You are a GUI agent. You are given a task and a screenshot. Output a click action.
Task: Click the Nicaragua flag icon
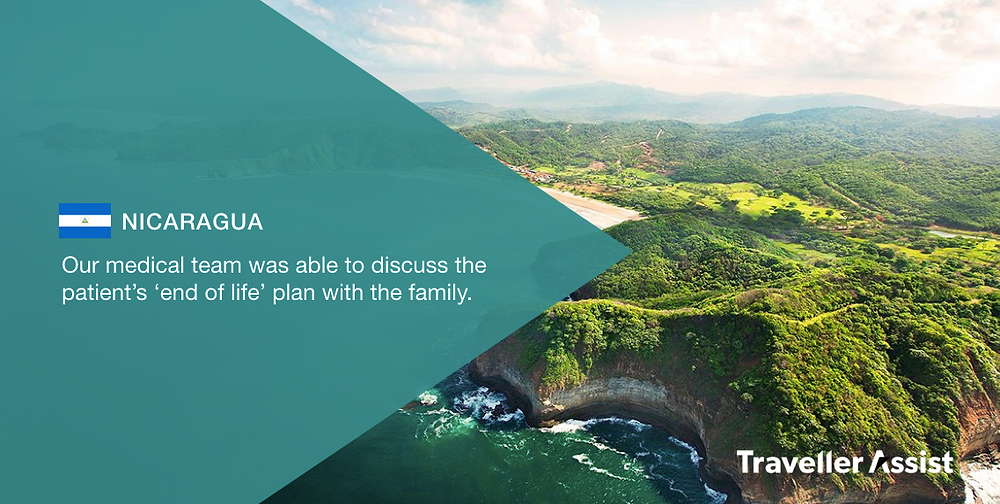85,221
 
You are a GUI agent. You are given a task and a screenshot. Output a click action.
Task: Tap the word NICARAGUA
193,221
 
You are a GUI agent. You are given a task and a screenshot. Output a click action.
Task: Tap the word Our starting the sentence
81,265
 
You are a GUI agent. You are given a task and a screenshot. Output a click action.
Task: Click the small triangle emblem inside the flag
85,221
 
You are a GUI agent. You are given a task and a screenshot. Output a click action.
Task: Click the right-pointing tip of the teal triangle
631,251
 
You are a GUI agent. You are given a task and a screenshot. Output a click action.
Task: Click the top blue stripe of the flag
85,209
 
